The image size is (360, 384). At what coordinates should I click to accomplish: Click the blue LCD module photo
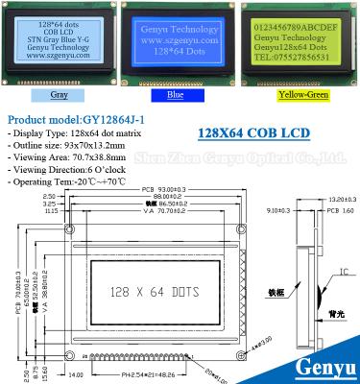(179, 45)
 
